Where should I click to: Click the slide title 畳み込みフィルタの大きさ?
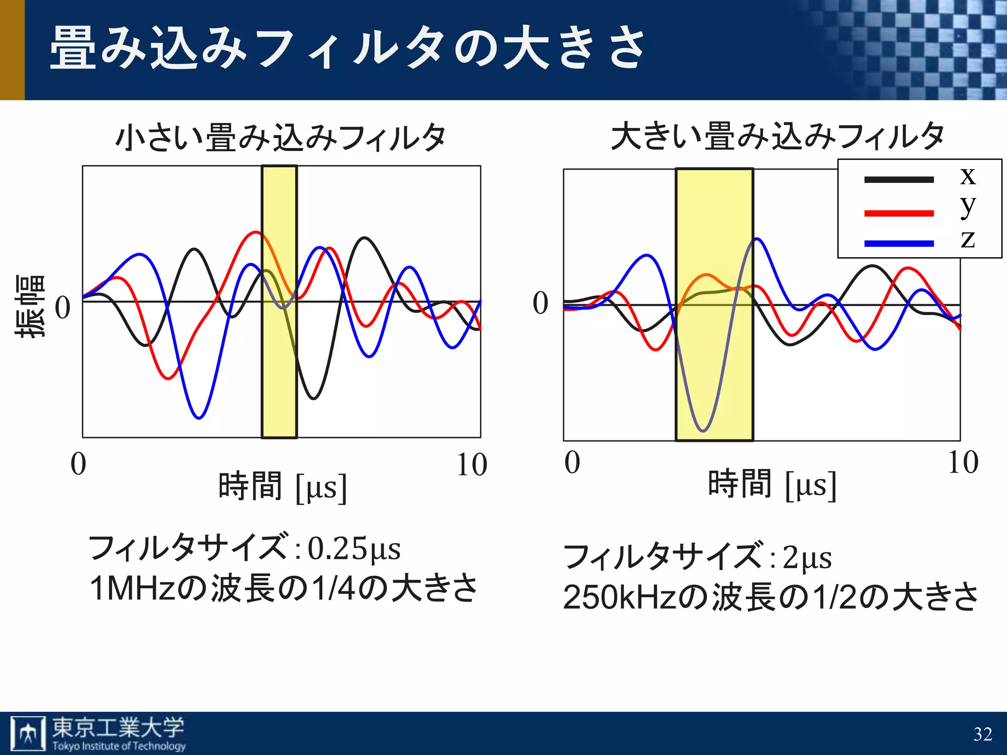tap(347, 48)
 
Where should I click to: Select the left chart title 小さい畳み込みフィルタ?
tap(281, 137)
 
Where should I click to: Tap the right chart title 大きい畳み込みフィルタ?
tap(777, 136)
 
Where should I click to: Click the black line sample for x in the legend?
tap(898, 180)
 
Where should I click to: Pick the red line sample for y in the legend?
tap(898, 213)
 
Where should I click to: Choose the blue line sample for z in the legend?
tap(898, 243)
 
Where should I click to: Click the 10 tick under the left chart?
tap(471, 465)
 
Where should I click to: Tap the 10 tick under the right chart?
tap(962, 463)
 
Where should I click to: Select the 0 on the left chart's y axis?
tap(62, 308)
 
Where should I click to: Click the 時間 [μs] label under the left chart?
tap(282, 487)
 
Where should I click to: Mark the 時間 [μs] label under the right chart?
tap(771, 485)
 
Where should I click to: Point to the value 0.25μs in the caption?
tap(354, 549)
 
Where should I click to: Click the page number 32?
tap(982, 734)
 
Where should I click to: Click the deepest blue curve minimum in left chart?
tap(199, 418)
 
